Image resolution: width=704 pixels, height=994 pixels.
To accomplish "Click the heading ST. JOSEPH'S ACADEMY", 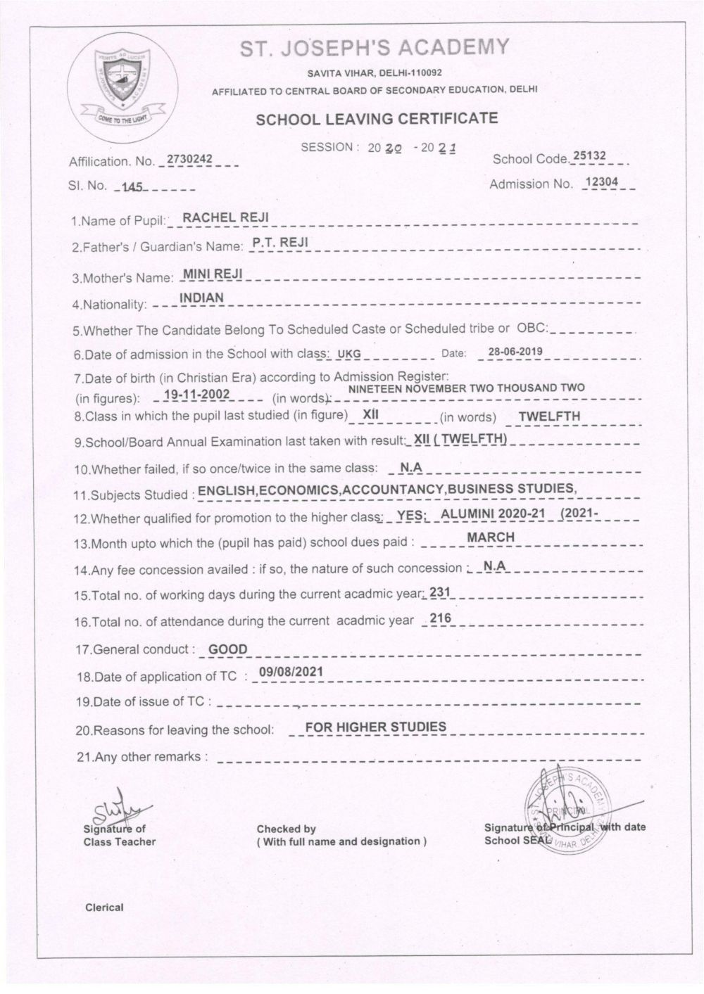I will pyautogui.click(x=374, y=48).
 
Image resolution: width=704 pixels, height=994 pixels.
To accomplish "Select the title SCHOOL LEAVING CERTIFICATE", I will pyautogui.click(x=377, y=118).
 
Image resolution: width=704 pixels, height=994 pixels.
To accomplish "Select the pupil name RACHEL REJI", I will pyautogui.click(x=225, y=217).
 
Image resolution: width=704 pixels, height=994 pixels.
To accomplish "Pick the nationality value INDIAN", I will pyautogui.click(x=202, y=298).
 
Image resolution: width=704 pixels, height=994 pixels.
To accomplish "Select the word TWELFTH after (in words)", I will pyautogui.click(x=549, y=416).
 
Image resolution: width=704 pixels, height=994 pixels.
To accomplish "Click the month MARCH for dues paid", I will pyautogui.click(x=491, y=537).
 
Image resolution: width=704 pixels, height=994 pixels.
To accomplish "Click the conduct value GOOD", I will pyautogui.click(x=229, y=649).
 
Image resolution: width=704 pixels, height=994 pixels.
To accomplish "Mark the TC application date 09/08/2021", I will pyautogui.click(x=291, y=672).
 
